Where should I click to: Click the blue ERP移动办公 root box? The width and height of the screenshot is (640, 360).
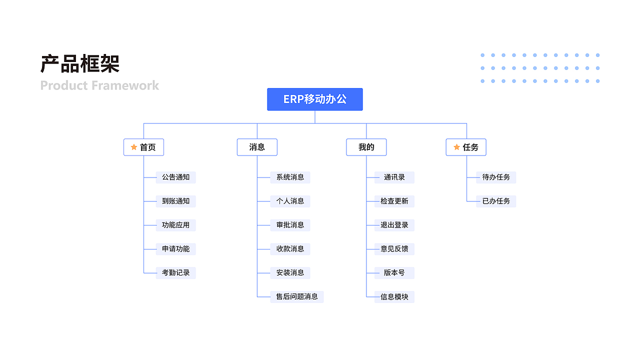314,99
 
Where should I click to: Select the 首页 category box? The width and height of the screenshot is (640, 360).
143,147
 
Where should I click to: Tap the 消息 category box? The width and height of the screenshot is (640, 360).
257,147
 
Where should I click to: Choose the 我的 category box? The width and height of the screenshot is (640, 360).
366,147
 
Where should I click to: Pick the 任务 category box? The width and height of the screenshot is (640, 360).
466,147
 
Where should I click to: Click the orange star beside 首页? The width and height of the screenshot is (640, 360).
133,147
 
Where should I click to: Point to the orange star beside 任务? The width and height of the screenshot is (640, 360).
456,147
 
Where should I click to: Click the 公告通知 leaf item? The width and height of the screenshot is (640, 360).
175,177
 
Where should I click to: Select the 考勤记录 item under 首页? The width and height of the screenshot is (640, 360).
175,273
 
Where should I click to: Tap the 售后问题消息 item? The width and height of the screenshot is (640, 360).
296,296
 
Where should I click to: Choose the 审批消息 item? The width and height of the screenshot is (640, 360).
290,225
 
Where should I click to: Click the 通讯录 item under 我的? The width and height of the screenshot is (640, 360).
394,177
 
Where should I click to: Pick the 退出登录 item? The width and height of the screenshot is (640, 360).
394,225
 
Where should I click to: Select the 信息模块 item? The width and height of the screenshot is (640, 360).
394,297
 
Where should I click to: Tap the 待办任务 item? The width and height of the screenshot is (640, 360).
496,177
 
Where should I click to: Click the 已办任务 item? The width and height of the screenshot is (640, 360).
496,201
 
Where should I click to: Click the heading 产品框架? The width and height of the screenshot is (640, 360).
80,64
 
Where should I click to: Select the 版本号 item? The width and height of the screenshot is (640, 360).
394,273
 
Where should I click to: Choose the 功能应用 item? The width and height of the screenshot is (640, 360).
175,225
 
